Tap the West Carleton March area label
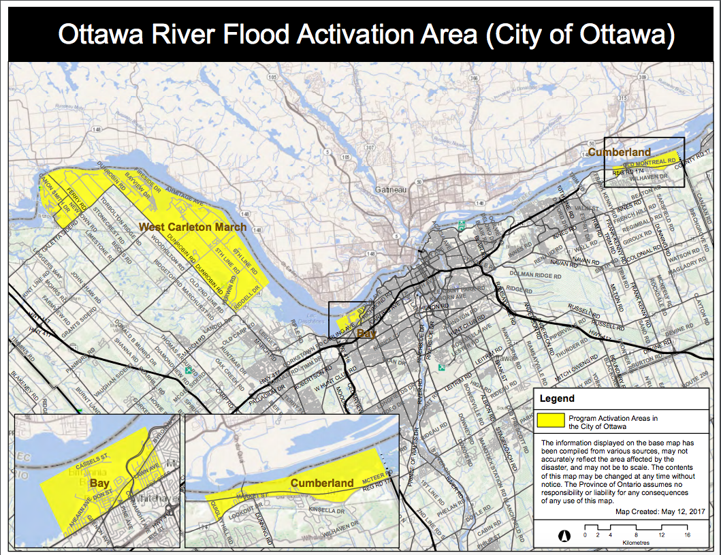tap(193, 227)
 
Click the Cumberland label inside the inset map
tap(322, 483)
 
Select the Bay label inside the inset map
tap(99, 482)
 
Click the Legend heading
tap(557, 398)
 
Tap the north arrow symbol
tap(564, 535)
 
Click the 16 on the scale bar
tap(688, 535)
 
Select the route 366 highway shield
tap(472, 78)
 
